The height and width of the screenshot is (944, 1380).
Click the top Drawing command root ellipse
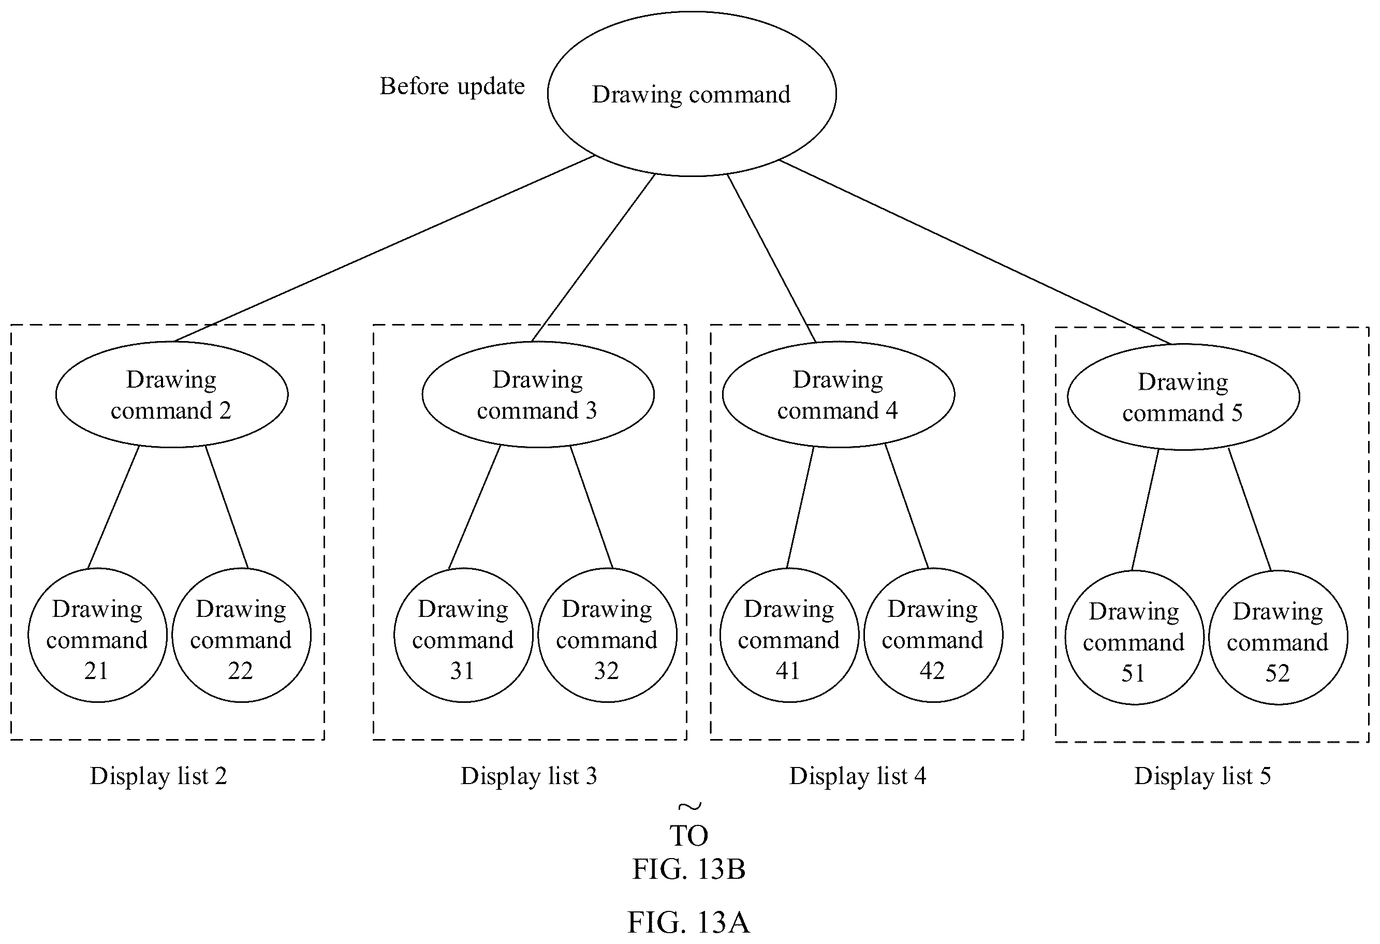pyautogui.click(x=692, y=94)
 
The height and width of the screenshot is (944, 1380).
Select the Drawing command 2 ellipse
pyautogui.click(x=172, y=394)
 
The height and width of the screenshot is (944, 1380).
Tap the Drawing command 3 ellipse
pyautogui.click(x=538, y=394)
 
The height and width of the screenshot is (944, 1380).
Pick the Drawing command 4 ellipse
pyautogui.click(x=839, y=394)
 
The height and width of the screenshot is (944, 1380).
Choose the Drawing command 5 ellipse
pyautogui.click(x=1183, y=396)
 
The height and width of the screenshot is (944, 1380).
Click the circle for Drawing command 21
pyautogui.click(x=97, y=635)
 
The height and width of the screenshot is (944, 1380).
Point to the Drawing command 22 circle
pyautogui.click(x=241, y=635)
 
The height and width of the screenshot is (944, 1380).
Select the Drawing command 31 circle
pyautogui.click(x=463, y=635)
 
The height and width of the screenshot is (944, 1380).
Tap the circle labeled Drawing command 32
pyautogui.click(x=607, y=635)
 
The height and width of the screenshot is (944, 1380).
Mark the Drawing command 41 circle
pyautogui.click(x=789, y=635)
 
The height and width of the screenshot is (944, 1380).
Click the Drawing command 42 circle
pyautogui.click(x=933, y=635)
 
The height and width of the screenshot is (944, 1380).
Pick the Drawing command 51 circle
pyautogui.click(x=1134, y=638)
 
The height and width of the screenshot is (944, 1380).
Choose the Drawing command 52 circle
pyautogui.click(x=1278, y=638)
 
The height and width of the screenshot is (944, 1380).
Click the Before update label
pyautogui.click(x=452, y=86)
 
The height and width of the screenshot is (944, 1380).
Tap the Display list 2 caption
pyautogui.click(x=158, y=776)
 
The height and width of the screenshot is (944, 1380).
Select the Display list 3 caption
pyautogui.click(x=528, y=776)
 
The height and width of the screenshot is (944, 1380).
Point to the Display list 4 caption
pyautogui.click(x=857, y=776)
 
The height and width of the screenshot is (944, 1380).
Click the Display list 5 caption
pyautogui.click(x=1202, y=776)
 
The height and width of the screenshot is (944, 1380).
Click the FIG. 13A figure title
pyautogui.click(x=689, y=923)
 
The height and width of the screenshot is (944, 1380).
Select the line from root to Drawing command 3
pyautogui.click(x=593, y=258)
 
